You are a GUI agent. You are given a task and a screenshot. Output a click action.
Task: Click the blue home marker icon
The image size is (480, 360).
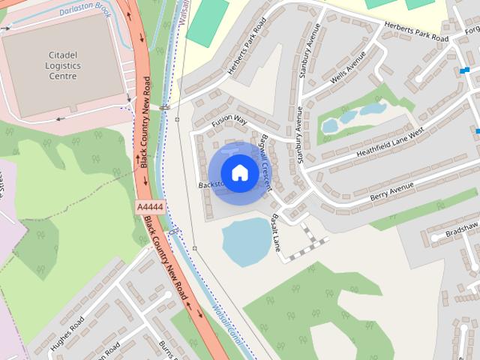[x=239, y=173]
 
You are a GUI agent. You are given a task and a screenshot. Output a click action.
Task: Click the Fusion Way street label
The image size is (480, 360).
[x=229, y=121]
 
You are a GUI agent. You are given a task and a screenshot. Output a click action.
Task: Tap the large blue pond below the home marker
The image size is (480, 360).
[x=246, y=241]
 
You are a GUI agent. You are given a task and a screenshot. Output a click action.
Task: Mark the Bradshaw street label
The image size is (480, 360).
[x=460, y=230]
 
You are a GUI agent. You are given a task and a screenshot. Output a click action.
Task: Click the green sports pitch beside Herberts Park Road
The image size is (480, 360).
[x=206, y=22]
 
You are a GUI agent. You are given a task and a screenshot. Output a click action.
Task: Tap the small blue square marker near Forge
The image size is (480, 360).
[x=465, y=70]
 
